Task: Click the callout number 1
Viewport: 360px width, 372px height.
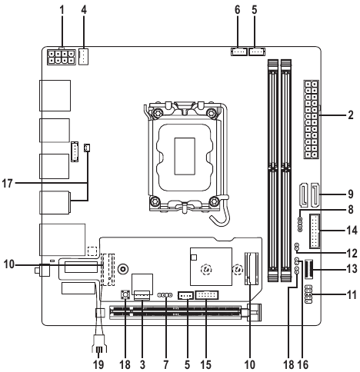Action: coord(62,10)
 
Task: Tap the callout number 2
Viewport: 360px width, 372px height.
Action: coord(351,115)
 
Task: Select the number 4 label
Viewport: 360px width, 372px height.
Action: coord(84,10)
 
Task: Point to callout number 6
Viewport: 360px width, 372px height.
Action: coord(238,10)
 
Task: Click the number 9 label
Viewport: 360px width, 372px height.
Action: coord(351,194)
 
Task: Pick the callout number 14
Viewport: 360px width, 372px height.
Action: coord(352,231)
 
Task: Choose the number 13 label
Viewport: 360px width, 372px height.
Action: coord(352,269)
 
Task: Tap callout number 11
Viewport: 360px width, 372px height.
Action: coord(352,295)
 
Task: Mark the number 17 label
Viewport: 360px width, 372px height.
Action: coord(7,184)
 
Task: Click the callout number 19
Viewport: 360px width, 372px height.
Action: coord(98,364)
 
